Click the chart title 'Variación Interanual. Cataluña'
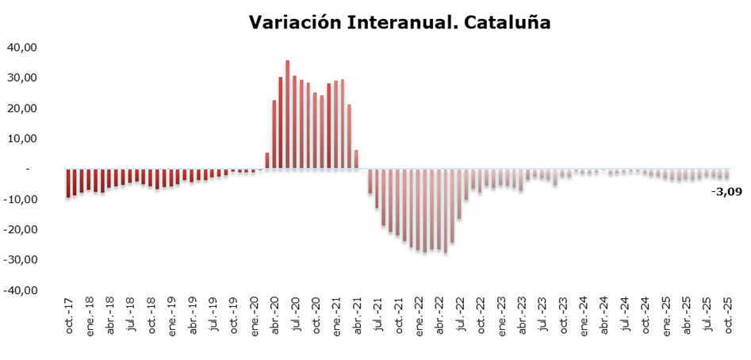click(x=400, y=22)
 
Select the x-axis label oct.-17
click(x=70, y=315)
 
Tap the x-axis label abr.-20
click(x=275, y=315)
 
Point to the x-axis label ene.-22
click(x=419, y=315)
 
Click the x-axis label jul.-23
click(x=542, y=315)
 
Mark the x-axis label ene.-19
click(x=172, y=315)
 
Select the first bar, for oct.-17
click(x=68, y=183)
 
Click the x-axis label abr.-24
click(x=603, y=315)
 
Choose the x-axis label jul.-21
click(x=377, y=315)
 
